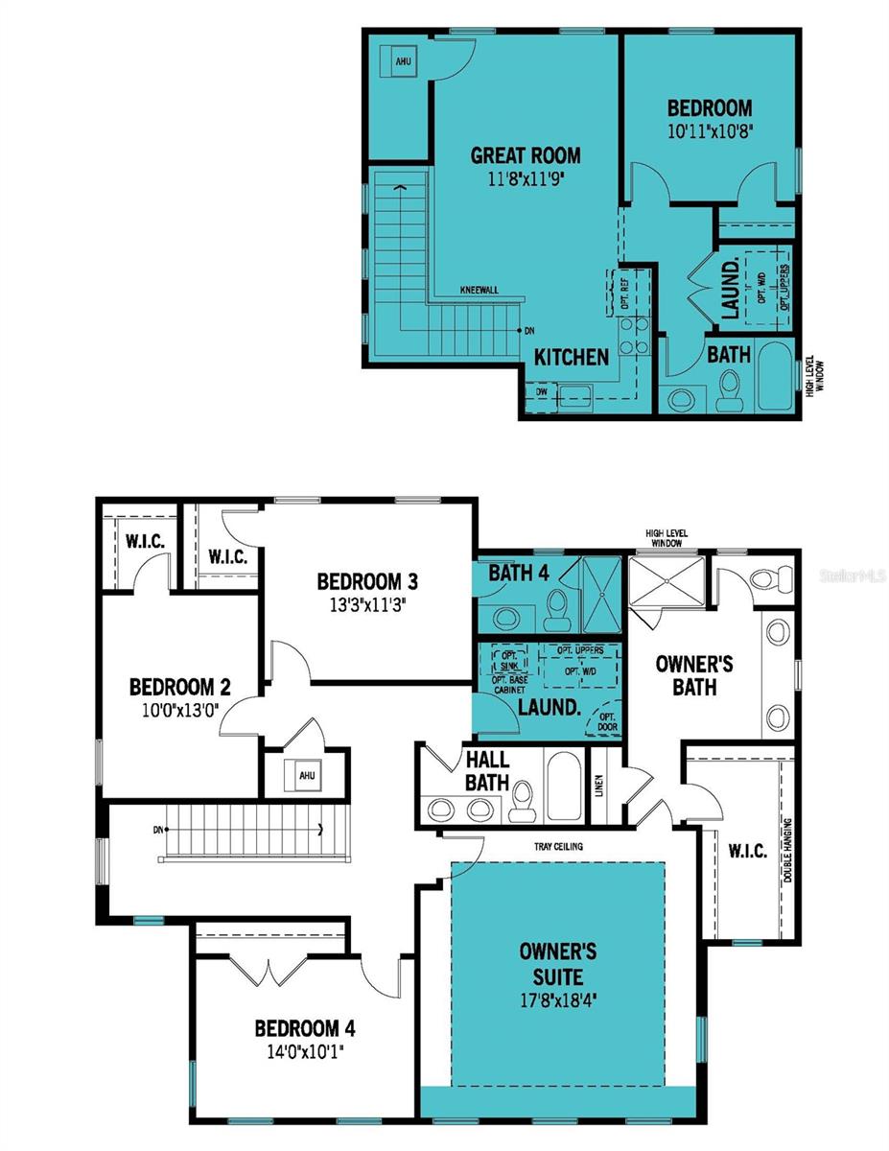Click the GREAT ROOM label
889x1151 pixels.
525,155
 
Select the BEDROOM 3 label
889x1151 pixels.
366,580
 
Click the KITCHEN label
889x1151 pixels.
572,357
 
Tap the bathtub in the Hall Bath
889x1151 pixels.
562,787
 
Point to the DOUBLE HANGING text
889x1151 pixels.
788,851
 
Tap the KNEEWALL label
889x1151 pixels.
479,289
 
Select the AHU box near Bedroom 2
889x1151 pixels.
306,775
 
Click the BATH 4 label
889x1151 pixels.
519,574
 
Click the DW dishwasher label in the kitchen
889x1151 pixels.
541,391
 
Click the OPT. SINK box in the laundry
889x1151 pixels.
507,660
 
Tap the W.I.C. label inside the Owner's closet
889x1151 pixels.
747,851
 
